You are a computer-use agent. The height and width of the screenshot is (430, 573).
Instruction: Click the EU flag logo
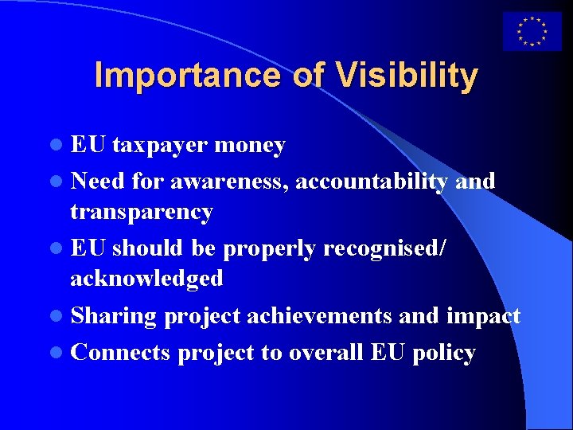532,32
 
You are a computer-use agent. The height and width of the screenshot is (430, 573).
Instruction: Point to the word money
250,146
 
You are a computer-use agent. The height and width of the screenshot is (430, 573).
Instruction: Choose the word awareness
227,182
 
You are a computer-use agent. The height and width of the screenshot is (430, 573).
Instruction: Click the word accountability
372,182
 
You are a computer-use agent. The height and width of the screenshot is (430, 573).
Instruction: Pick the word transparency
142,212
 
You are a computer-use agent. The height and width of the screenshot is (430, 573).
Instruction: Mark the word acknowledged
146,279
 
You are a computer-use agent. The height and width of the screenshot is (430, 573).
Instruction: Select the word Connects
120,353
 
